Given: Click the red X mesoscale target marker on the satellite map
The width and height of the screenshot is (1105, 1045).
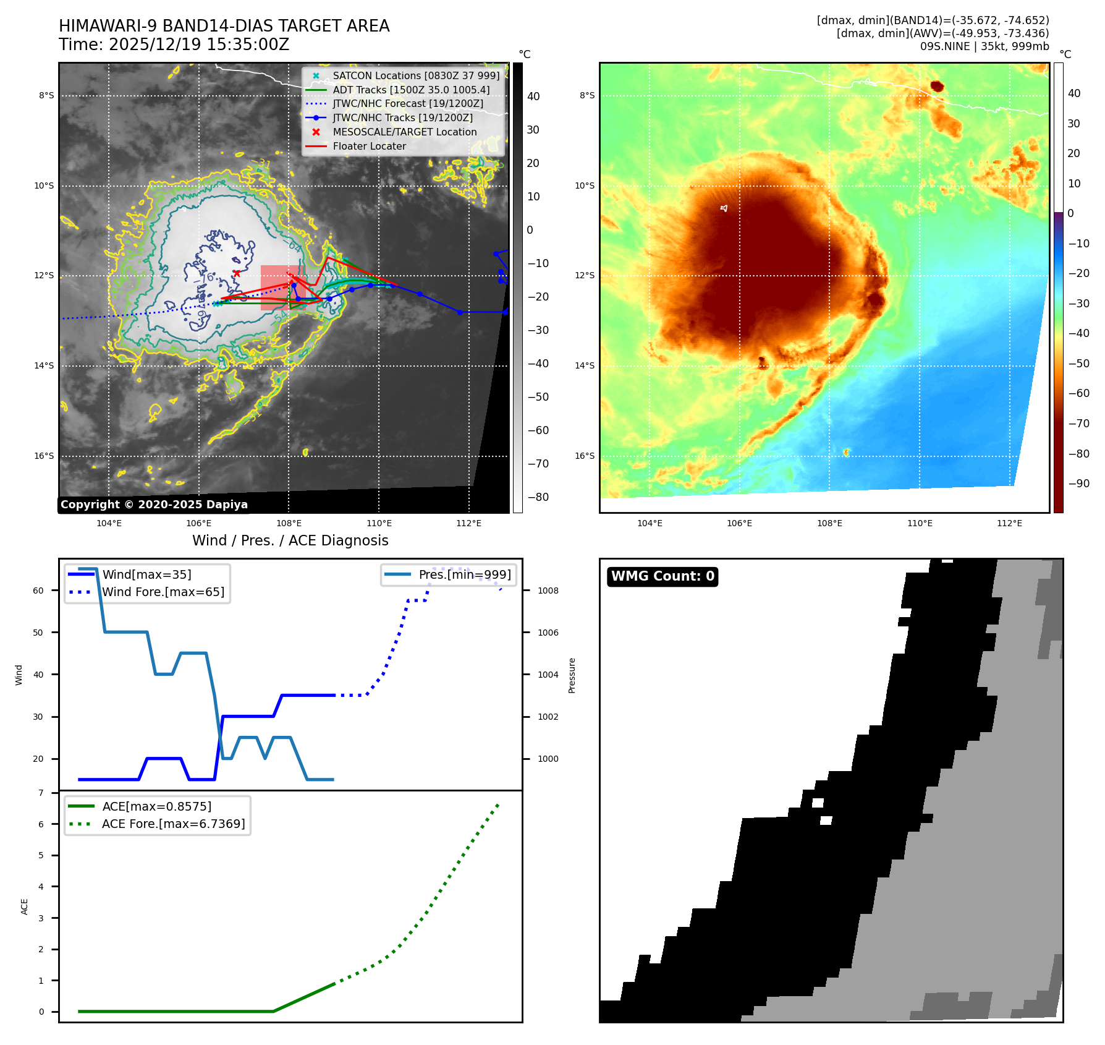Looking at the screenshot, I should pyautogui.click(x=237, y=273).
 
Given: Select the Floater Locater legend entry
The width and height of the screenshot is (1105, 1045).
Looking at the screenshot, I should pyautogui.click(x=369, y=147).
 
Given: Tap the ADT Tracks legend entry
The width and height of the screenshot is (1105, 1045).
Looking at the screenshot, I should pyautogui.click(x=411, y=90).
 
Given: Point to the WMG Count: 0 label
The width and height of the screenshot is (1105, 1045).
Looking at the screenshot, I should pyautogui.click(x=663, y=576).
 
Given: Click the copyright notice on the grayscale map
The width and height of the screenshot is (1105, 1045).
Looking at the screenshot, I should pyautogui.click(x=154, y=505).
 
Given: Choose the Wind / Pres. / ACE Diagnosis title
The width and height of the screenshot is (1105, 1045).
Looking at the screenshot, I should pyautogui.click(x=290, y=540).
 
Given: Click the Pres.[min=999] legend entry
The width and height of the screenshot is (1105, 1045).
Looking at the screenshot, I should pyautogui.click(x=464, y=574).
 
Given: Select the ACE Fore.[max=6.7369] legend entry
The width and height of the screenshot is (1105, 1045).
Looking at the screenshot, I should pyautogui.click(x=173, y=824).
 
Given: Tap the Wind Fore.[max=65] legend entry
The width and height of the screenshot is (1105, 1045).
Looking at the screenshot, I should pyautogui.click(x=163, y=592).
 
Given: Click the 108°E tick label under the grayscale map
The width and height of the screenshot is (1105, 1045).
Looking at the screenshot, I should pyautogui.click(x=289, y=523).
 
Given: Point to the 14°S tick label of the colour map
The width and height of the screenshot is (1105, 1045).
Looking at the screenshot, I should pyautogui.click(x=585, y=365).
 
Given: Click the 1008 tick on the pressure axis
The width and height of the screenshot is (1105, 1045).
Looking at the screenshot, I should pyautogui.click(x=548, y=591).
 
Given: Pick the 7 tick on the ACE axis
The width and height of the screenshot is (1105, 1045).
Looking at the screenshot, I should pyautogui.click(x=41, y=793).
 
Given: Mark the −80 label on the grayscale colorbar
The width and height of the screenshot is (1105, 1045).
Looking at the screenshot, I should pyautogui.click(x=538, y=497).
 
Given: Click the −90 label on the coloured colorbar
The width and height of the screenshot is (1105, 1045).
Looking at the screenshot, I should pyautogui.click(x=1079, y=484).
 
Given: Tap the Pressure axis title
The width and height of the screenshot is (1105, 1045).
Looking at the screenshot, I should pyautogui.click(x=572, y=675).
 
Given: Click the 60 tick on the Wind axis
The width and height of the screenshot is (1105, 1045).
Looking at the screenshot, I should pyautogui.click(x=38, y=591).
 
